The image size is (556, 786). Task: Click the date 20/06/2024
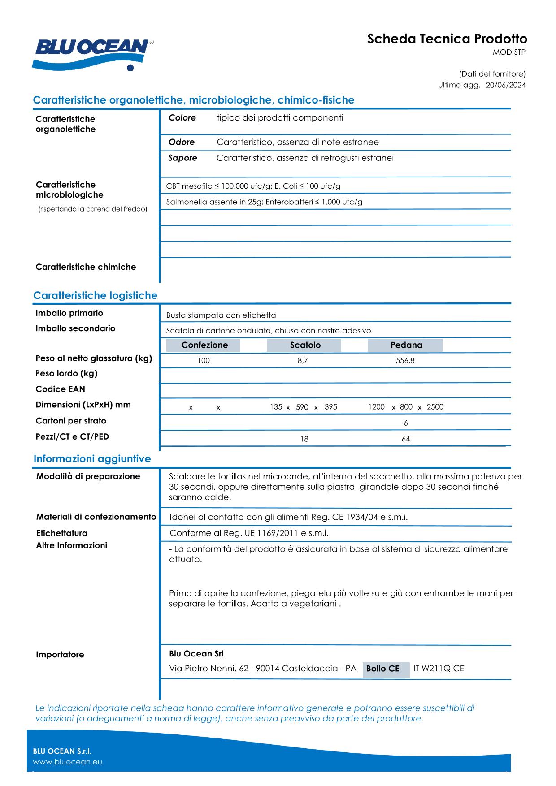pos(506,85)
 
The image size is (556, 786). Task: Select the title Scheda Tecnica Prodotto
pos(447,39)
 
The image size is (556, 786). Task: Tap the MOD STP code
pos(509,52)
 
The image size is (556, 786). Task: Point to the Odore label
pos(181,142)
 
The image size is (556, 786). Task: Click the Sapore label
pos(182,158)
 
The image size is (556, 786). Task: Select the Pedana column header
pos(406,345)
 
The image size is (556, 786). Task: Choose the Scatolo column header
pos(305,345)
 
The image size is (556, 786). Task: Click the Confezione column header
pos(204,345)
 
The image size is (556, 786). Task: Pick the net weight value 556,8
pos(405,361)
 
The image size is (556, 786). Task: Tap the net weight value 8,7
pos(303,361)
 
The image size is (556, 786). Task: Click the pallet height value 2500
pos(434,407)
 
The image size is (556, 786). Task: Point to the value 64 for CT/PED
pos(405,439)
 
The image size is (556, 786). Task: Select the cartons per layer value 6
pos(405,423)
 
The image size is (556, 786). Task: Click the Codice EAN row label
pos(60,389)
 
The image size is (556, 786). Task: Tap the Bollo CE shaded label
pos(382,669)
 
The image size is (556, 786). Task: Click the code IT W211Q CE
pos(439,669)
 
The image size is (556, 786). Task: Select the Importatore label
pos(60,655)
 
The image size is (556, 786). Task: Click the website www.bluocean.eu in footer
pos(67,762)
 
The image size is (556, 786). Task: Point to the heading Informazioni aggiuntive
pos(92,459)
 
